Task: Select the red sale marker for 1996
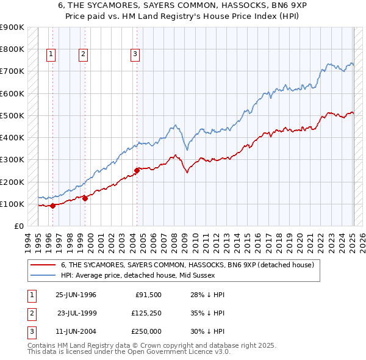click(53, 206)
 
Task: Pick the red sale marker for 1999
click(85, 198)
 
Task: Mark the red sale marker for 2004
click(137, 170)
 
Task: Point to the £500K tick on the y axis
click(12, 115)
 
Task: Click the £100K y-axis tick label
click(12, 204)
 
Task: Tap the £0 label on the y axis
click(18, 226)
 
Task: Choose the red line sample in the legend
click(43, 265)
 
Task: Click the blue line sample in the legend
click(43, 275)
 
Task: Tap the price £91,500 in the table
click(148, 295)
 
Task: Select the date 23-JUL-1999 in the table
click(77, 313)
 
